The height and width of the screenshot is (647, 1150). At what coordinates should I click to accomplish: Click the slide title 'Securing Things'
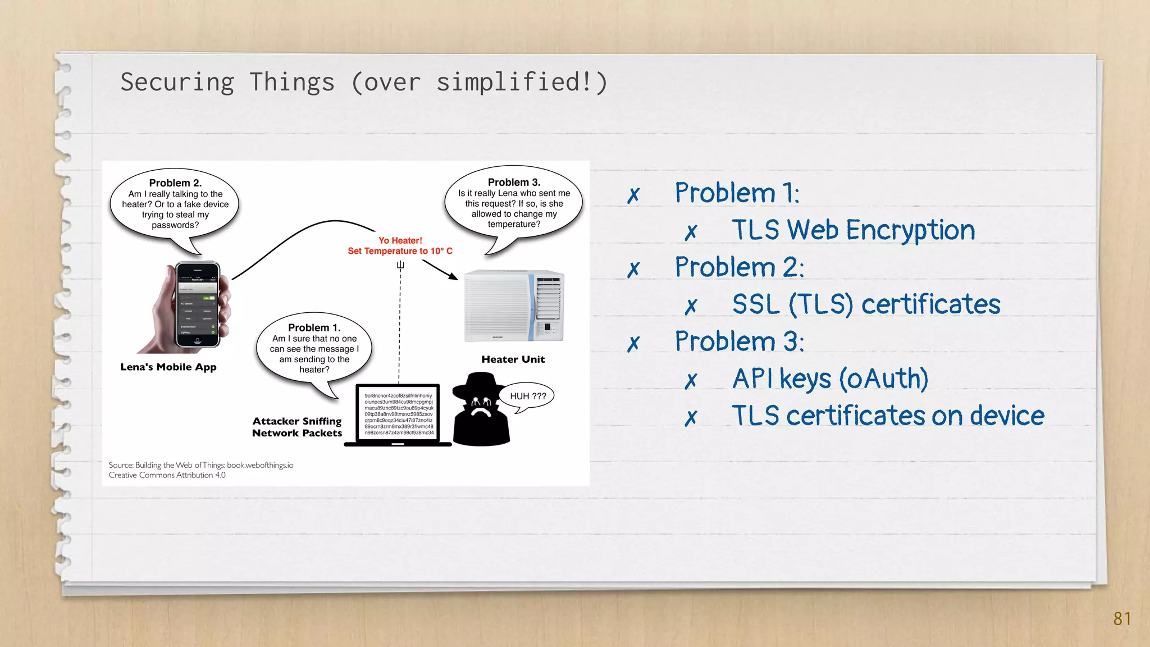227,83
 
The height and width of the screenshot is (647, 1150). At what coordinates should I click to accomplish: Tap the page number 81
1121,618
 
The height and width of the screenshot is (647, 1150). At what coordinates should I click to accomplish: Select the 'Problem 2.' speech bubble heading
175,183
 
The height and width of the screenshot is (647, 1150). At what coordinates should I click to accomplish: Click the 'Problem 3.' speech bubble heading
514,183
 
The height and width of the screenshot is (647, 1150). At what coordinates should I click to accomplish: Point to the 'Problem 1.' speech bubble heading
314,328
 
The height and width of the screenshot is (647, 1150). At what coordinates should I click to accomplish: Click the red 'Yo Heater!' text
400,240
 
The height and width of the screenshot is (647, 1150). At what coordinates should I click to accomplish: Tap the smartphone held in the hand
197,304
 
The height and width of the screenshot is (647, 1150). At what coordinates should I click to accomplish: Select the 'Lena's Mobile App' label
168,367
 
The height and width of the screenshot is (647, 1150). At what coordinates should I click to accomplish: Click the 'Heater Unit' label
513,359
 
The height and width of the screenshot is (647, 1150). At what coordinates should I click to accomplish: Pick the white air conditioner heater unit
513,306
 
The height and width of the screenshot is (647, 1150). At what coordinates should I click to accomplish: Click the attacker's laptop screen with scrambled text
398,414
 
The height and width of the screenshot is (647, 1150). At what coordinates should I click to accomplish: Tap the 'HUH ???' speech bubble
527,396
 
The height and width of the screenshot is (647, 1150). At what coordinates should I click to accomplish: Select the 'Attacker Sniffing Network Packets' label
297,427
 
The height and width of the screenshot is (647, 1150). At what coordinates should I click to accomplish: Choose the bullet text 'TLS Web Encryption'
852,230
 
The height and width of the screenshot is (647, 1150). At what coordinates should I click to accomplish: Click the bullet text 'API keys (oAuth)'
829,379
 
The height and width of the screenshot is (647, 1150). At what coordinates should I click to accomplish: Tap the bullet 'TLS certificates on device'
887,416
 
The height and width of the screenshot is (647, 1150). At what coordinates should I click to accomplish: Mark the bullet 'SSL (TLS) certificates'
866,304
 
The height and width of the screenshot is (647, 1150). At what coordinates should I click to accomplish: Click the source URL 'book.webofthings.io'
260,465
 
